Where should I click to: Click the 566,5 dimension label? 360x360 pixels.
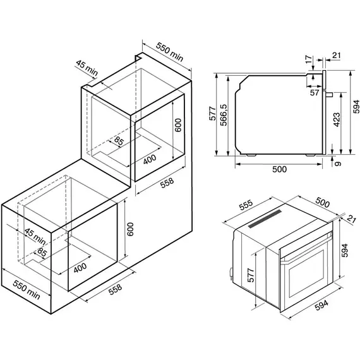(224, 115)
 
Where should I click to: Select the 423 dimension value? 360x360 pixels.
(337, 119)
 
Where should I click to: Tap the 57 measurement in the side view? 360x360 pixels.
(315, 92)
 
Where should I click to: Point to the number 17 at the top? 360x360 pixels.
(309, 59)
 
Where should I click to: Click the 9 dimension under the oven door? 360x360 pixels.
(338, 164)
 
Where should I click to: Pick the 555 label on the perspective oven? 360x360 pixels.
(246, 205)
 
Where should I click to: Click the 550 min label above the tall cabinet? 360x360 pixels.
(169, 52)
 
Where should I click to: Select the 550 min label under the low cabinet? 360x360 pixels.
(27, 289)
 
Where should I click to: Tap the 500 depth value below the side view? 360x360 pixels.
(279, 169)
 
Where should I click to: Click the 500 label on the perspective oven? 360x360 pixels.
(322, 202)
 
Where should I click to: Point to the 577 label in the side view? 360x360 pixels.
(213, 114)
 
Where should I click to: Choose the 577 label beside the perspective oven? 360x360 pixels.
(251, 275)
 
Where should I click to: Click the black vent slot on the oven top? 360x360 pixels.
(265, 219)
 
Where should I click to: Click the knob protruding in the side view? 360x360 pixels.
(330, 94)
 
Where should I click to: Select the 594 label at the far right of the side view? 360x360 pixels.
(356, 107)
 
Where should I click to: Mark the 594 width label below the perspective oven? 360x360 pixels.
(321, 305)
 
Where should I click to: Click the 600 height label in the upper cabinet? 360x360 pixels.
(178, 125)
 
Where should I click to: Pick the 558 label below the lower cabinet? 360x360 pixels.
(115, 289)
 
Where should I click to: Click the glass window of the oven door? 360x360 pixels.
(306, 273)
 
